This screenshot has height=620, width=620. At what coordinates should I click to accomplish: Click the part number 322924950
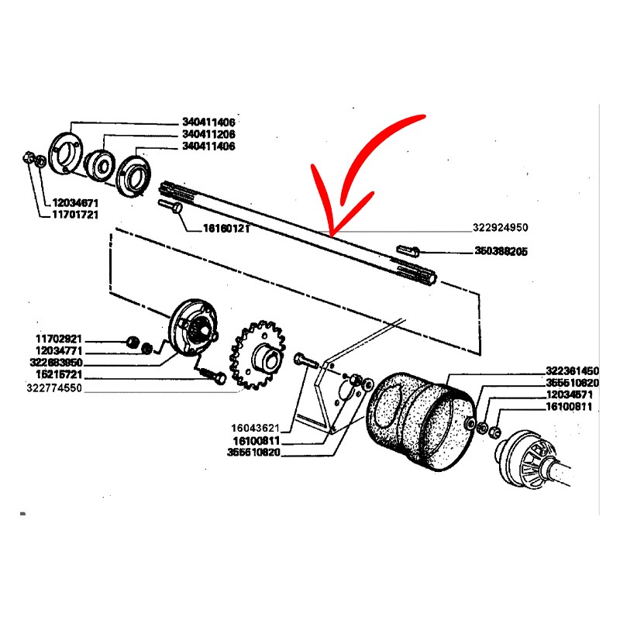[500, 229]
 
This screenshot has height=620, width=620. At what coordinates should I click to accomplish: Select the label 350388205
[501, 252]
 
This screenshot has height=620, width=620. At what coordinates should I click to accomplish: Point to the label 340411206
[208, 134]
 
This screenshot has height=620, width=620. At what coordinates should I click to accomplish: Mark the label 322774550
[53, 387]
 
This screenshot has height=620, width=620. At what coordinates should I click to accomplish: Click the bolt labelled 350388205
[408, 251]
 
